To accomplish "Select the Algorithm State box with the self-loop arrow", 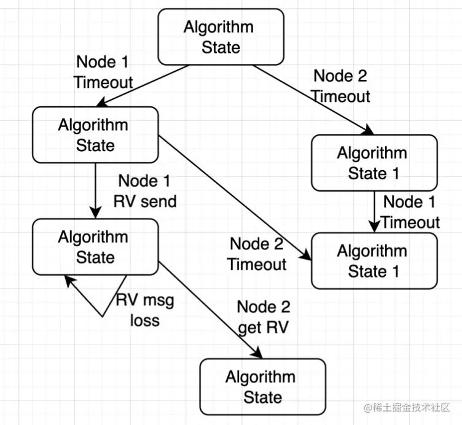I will click(95, 246).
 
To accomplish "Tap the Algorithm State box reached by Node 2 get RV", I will click(262, 386).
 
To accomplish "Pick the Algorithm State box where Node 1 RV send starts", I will click(95, 135).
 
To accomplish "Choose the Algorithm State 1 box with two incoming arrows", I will click(374, 260).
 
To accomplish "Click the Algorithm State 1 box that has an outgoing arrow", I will click(374, 163).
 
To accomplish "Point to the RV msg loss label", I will click(145, 310).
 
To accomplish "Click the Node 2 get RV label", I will click(264, 317).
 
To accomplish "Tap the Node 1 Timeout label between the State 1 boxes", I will click(410, 212).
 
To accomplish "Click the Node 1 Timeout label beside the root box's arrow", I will click(104, 72).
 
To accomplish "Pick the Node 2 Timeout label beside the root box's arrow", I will click(342, 86).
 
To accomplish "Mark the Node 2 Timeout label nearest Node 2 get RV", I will click(257, 254).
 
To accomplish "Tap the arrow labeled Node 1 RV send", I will click(95, 190).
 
